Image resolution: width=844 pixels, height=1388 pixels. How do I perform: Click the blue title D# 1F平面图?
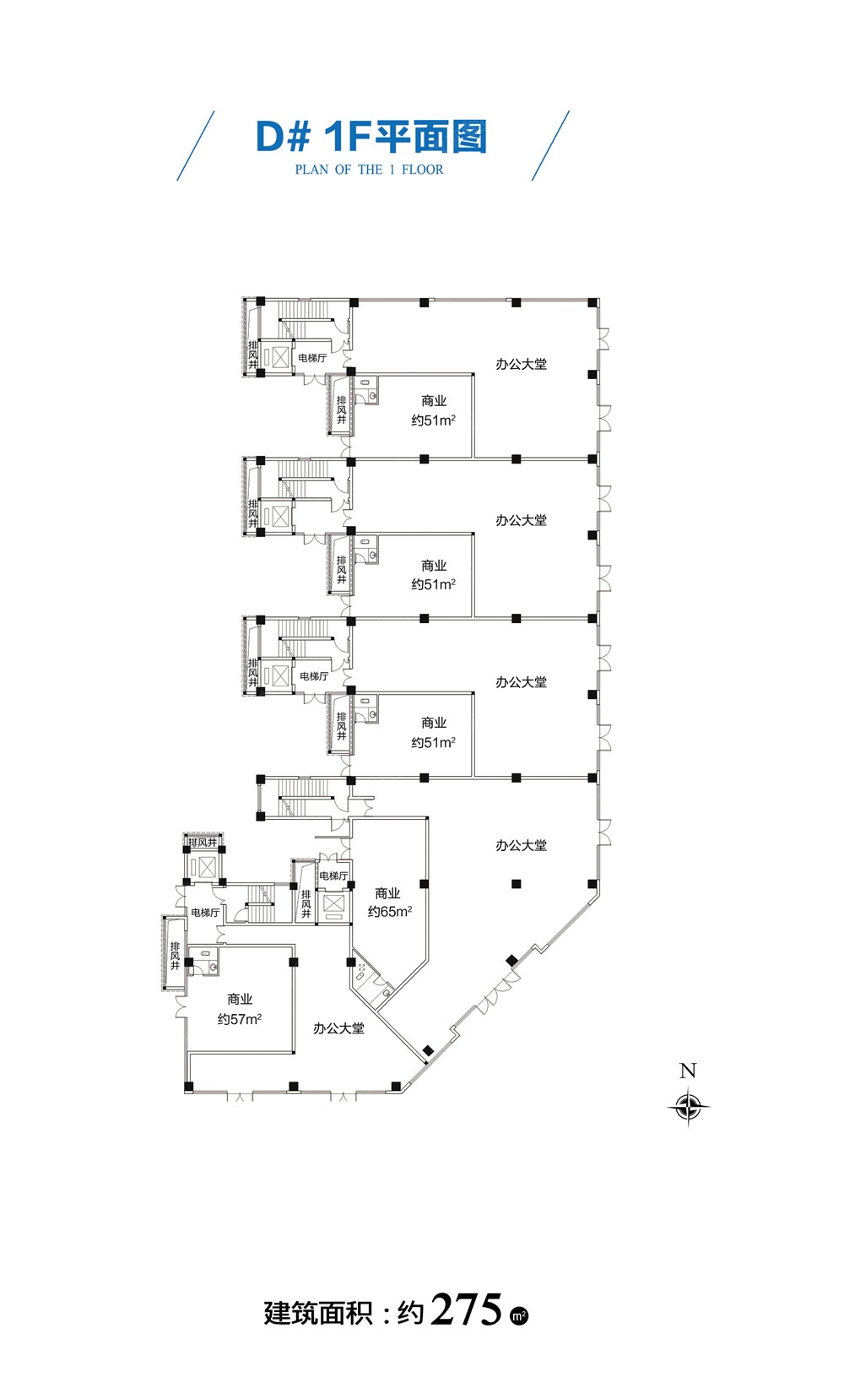click(371, 136)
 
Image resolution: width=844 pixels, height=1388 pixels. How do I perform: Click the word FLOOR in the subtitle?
click(422, 169)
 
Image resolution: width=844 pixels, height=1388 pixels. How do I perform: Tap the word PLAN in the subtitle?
click(311, 169)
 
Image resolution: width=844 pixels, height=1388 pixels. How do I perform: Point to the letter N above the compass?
click(688, 1070)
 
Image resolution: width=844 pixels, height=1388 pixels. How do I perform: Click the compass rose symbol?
click(688, 1106)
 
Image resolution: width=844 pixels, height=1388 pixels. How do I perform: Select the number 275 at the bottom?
click(466, 1310)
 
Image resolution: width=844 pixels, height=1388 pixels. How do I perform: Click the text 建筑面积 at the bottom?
click(318, 1313)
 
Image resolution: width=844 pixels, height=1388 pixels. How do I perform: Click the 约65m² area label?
click(390, 912)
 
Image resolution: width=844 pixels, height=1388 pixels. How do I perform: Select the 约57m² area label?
click(240, 1019)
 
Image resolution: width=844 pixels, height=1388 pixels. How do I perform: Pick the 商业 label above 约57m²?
click(240, 999)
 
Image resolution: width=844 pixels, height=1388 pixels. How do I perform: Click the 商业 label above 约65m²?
click(387, 893)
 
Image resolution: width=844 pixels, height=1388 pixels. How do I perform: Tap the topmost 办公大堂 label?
click(522, 364)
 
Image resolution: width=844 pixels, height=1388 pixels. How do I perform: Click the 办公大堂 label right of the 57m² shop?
click(338, 1028)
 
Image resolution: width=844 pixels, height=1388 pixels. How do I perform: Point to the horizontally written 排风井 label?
click(203, 842)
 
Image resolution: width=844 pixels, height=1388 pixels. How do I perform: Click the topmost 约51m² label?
click(434, 420)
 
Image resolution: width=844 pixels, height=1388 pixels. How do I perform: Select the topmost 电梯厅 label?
click(312, 357)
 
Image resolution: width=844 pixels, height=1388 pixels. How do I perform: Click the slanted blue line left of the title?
click(196, 145)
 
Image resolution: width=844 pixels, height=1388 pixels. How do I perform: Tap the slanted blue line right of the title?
click(550, 145)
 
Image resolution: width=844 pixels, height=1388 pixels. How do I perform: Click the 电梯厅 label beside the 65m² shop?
click(333, 876)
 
